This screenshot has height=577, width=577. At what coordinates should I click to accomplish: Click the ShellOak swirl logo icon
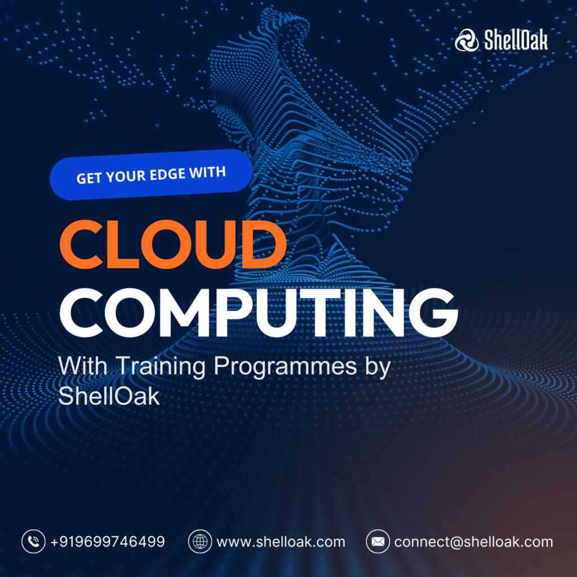coord(467,40)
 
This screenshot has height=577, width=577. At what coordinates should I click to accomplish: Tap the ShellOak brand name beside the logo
coord(516,40)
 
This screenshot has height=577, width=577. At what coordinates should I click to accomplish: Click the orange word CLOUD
coord(173,244)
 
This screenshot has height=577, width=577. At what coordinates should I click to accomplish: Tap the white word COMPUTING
coord(259,312)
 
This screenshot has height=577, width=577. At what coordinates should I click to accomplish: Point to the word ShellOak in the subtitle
coord(109,396)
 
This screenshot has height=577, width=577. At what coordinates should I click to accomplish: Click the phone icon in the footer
coord(33,542)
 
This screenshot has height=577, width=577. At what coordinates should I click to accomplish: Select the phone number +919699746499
coord(108,542)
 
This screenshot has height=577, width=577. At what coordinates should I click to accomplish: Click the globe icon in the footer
coord(200,542)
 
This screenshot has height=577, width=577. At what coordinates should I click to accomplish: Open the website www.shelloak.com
coord(281,542)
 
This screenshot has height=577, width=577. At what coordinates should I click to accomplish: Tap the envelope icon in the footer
coord(378,542)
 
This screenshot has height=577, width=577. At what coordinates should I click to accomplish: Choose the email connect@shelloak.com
coord(473,542)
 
